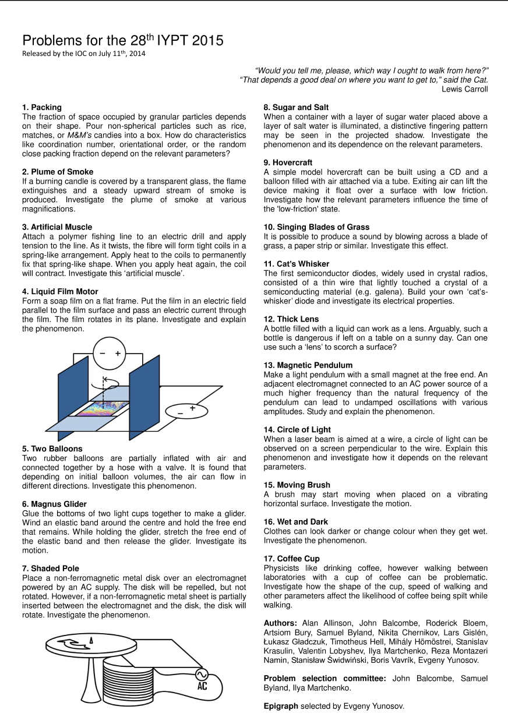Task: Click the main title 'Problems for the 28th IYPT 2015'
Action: point(122,41)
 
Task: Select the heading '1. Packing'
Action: point(42,108)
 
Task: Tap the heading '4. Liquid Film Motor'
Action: point(60,291)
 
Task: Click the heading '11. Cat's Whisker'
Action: point(297,264)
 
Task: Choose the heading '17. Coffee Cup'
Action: point(292,559)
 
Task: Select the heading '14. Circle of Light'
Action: point(297,430)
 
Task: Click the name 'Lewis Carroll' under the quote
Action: point(465,89)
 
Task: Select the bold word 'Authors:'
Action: point(281,623)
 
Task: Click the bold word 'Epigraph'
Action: point(281,707)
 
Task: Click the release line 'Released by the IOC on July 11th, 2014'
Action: point(84,54)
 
